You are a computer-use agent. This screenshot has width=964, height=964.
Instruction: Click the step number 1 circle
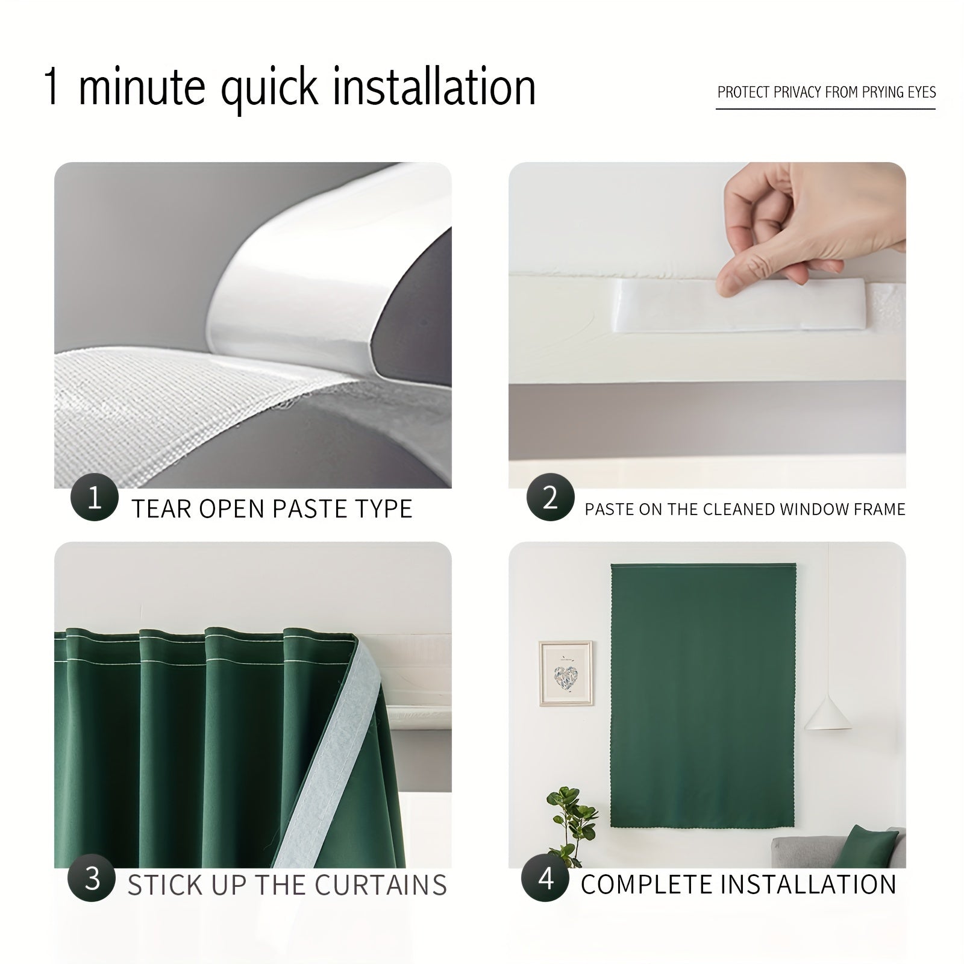(x=94, y=498)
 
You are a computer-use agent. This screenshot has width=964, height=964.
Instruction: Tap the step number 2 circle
(x=549, y=498)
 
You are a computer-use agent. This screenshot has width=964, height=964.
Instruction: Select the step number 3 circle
(x=92, y=878)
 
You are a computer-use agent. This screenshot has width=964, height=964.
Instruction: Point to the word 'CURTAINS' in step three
(x=381, y=885)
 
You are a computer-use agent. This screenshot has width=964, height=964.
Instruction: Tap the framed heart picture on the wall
(x=565, y=673)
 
